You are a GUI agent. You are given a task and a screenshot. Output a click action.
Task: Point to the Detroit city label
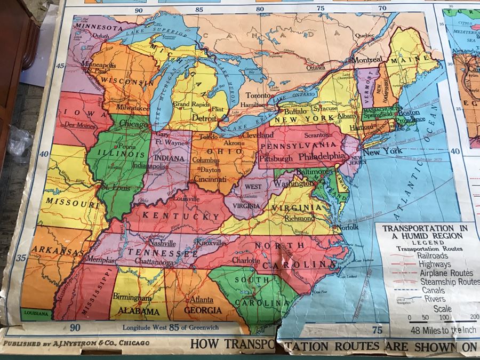204,117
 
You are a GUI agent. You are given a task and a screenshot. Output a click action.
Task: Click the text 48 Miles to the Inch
436,330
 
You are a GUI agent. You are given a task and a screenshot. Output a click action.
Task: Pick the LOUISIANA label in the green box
36,314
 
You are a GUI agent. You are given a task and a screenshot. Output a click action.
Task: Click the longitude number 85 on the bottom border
173,329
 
